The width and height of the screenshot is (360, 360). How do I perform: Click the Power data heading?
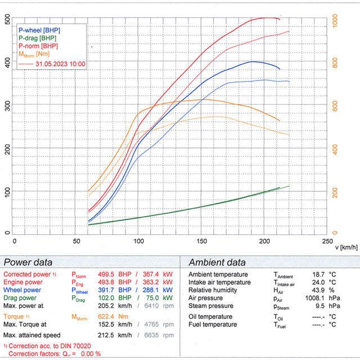(x=28, y=262)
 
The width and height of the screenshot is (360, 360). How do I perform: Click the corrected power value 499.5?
(x=108, y=274)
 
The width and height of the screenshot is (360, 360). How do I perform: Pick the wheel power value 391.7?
(x=108, y=290)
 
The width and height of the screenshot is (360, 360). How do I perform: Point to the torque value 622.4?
(x=108, y=317)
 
